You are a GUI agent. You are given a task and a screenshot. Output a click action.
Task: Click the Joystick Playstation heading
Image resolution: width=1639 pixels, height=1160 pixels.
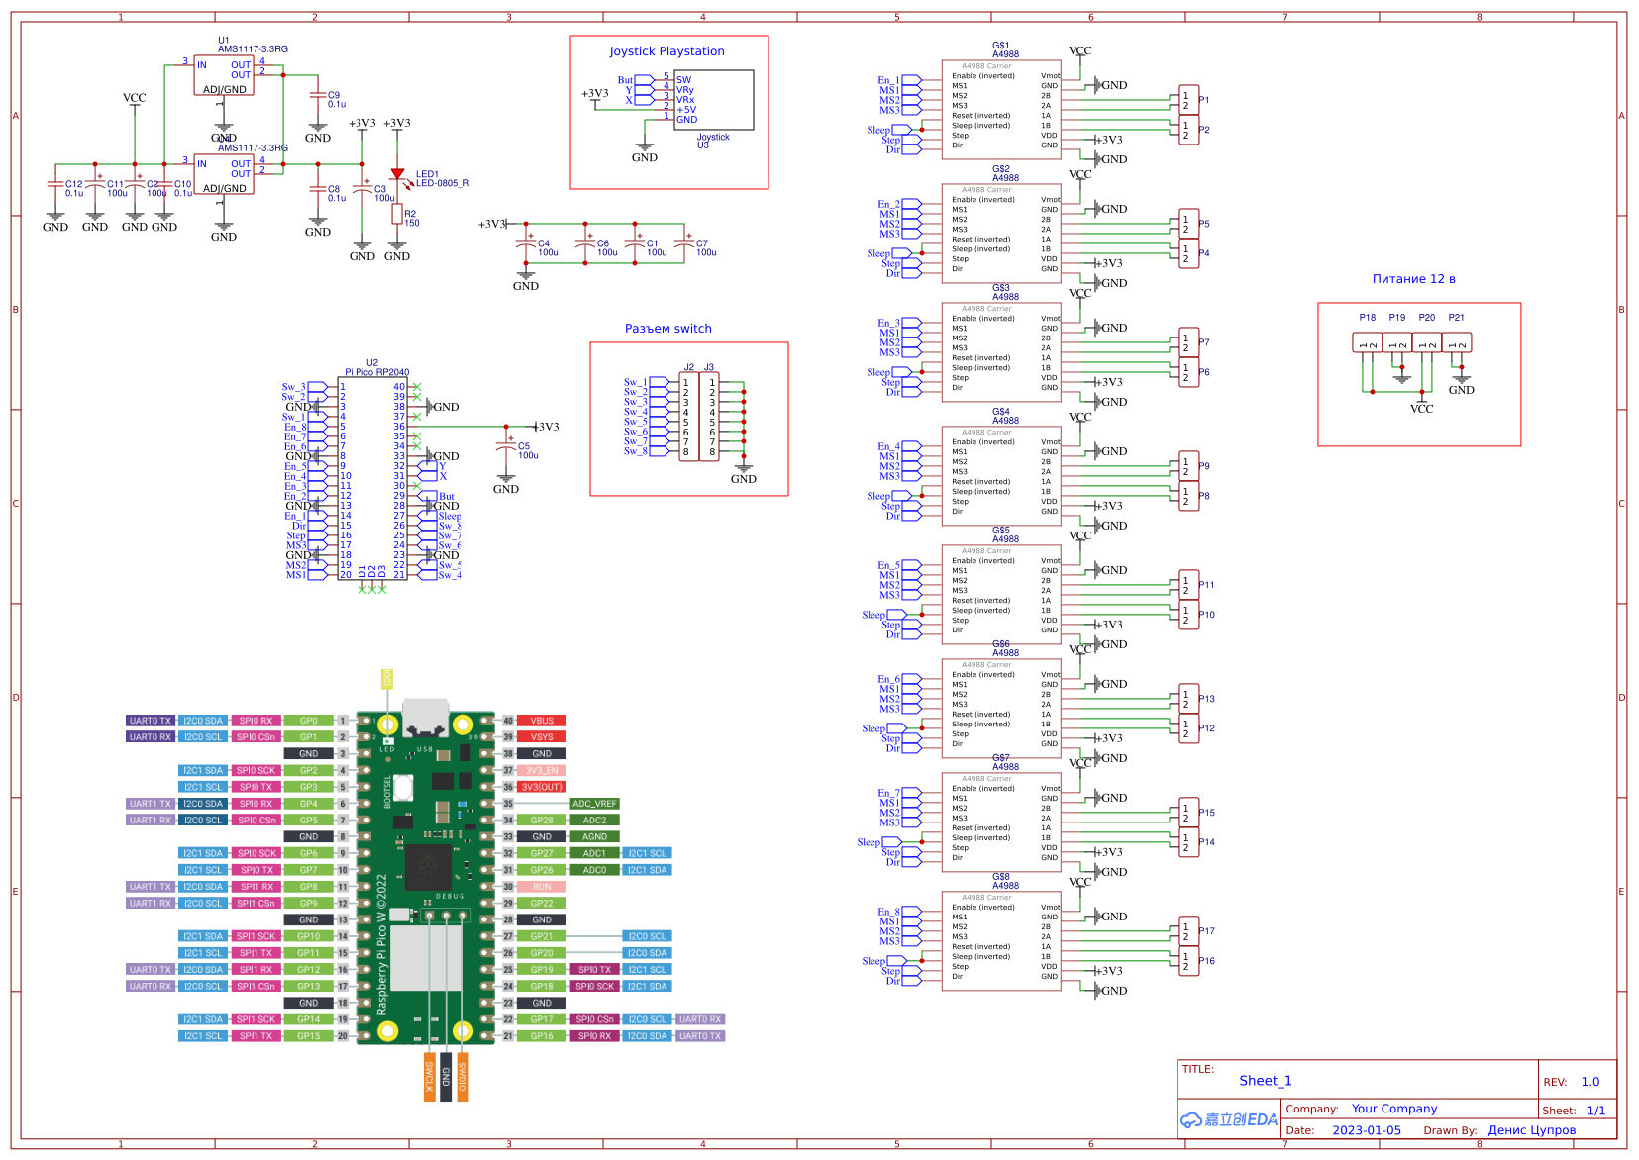(x=666, y=51)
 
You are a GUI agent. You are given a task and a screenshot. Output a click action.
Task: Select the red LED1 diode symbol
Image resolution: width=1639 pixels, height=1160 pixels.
(x=397, y=174)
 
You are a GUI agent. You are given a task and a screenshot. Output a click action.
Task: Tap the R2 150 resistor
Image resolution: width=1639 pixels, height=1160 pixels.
(x=397, y=215)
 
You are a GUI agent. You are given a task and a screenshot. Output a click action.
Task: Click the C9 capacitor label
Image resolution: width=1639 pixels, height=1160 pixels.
(x=334, y=96)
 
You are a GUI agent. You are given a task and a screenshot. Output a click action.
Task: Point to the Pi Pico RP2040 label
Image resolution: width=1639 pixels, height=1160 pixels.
(x=376, y=372)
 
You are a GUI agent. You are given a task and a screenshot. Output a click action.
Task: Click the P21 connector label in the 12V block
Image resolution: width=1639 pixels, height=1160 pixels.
(x=1456, y=318)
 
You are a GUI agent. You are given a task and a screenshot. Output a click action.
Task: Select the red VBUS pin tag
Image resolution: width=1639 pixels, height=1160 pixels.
(x=541, y=721)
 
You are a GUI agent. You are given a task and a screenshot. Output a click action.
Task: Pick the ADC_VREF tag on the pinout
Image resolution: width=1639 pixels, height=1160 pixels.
(x=594, y=804)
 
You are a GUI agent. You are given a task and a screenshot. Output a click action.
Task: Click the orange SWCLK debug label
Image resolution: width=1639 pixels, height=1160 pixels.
(x=429, y=1077)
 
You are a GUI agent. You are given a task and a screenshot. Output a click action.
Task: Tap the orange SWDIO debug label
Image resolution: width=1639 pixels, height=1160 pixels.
(x=462, y=1077)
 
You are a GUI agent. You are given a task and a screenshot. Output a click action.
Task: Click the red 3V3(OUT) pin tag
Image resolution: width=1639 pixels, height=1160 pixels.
(x=542, y=787)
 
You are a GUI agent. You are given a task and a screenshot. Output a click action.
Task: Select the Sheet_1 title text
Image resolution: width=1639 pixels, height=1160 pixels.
(x=1265, y=1081)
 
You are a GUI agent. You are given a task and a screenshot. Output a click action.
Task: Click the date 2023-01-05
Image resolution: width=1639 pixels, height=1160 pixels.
(x=1366, y=1130)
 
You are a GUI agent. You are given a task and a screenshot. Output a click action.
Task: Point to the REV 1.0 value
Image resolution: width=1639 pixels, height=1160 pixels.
(x=1589, y=1082)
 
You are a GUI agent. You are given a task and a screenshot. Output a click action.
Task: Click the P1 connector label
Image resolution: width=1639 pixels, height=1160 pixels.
(x=1203, y=100)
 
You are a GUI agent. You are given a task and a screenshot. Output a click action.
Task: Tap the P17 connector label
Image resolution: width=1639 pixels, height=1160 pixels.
(x=1206, y=931)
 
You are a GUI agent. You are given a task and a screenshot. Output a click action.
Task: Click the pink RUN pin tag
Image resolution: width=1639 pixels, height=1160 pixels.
(x=541, y=887)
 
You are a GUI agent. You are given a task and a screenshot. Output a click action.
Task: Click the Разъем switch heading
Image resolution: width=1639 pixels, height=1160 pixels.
(x=667, y=329)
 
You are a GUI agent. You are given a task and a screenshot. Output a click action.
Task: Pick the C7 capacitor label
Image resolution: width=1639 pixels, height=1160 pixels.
(x=702, y=243)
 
